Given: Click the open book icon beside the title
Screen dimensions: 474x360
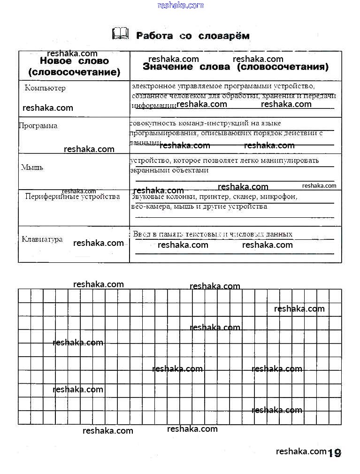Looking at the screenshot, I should (120, 34).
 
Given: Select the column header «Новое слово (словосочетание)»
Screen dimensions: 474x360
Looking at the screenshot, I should (74, 67).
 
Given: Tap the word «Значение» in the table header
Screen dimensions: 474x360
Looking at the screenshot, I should (168, 67).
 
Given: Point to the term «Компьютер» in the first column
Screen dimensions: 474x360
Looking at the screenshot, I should (45, 88).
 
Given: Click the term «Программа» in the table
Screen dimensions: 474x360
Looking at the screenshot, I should (38, 126).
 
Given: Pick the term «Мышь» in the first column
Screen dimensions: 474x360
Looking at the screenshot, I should (32, 167).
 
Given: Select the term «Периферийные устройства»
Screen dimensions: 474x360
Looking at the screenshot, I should (72, 197).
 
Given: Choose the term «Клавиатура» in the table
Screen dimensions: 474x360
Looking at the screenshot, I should (42, 239).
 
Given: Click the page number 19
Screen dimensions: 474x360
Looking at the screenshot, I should (334, 453).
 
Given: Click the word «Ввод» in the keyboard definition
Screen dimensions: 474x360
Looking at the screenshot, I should (141, 234).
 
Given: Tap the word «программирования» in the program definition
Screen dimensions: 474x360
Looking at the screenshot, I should (159, 133).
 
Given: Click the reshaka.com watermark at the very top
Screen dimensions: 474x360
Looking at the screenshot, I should (181, 5).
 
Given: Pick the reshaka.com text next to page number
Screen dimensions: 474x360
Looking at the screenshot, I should (301, 451).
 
